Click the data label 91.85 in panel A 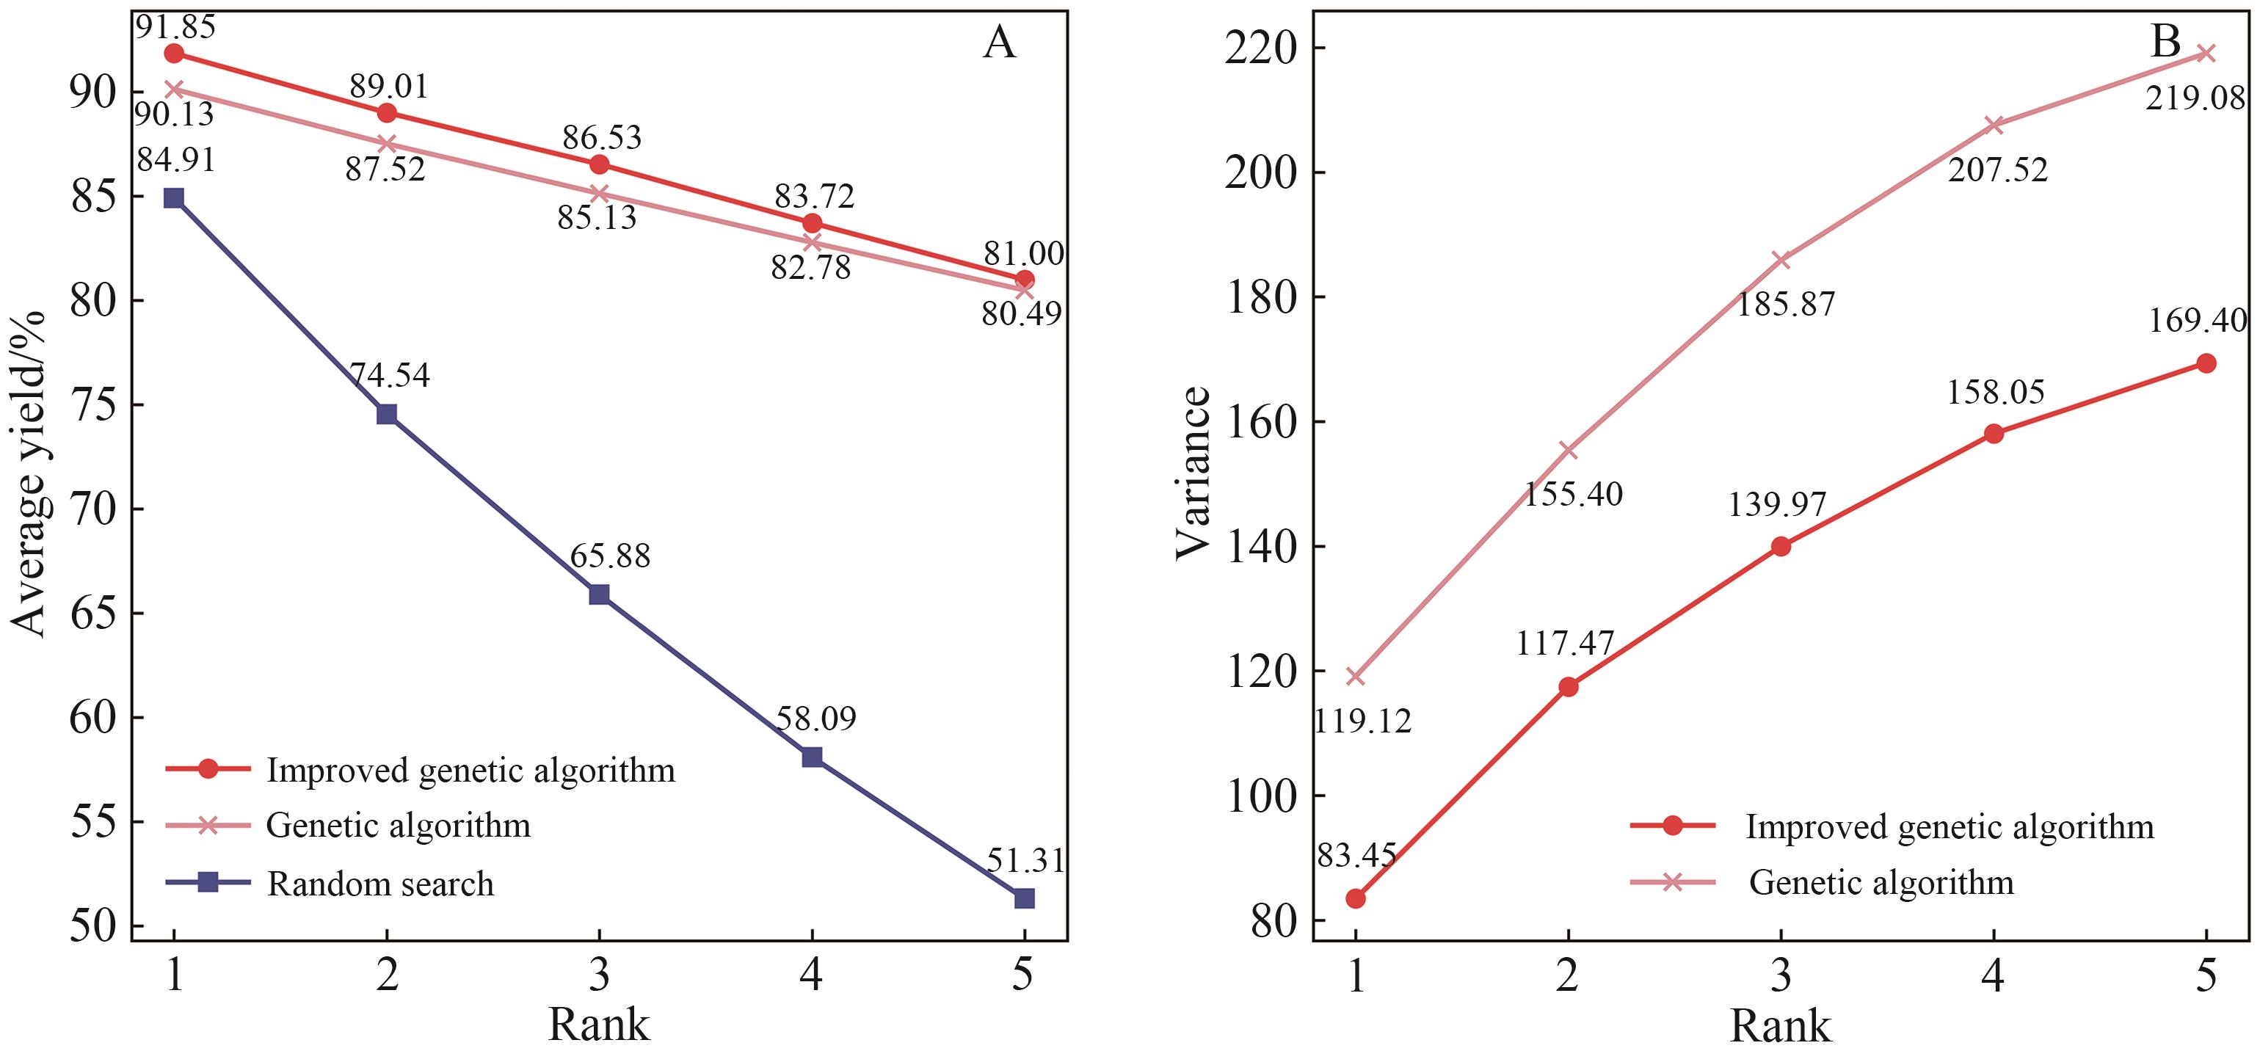pos(175,26)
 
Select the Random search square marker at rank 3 pos(599,594)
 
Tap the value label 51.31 pos(1025,861)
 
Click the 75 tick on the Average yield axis pos(92,405)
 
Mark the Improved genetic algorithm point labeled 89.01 pos(387,113)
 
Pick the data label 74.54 pos(390,376)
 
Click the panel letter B pos(2166,41)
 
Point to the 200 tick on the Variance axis pos(1261,172)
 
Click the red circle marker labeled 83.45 pos(1356,898)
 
